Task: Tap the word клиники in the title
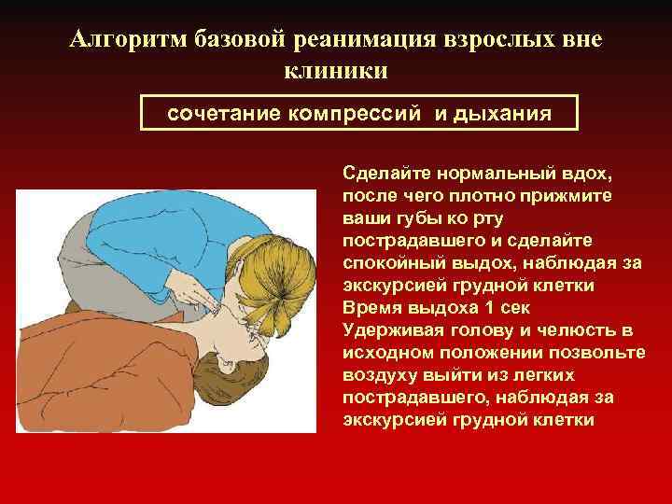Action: [333, 71]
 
